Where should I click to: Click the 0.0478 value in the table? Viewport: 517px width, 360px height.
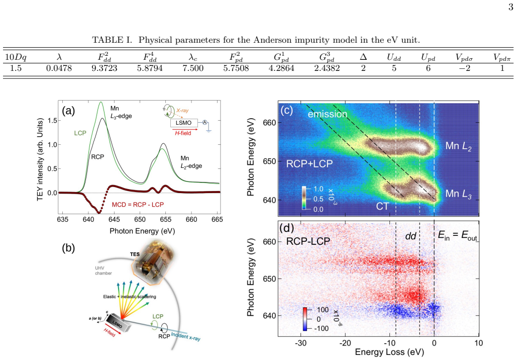tap(59, 68)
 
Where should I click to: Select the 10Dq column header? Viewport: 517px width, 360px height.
tap(16, 57)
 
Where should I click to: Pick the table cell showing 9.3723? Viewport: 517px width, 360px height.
tap(104, 68)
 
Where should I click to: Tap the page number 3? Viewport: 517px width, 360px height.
tap(510, 7)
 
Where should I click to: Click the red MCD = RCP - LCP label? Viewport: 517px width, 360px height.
tap(138, 205)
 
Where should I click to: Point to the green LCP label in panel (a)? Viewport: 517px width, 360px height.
tap(80, 133)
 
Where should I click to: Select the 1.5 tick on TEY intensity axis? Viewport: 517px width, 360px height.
tap(52, 121)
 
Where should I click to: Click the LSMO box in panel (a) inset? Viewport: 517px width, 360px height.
tap(184, 123)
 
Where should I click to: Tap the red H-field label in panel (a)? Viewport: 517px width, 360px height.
tap(183, 133)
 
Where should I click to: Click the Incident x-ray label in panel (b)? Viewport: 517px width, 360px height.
tap(185, 336)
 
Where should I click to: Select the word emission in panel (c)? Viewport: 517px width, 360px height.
tap(328, 114)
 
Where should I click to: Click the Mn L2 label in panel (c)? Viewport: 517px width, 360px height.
tap(458, 146)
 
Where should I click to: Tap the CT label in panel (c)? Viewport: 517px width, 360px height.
tap(382, 206)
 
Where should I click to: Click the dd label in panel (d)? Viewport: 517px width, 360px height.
tap(410, 236)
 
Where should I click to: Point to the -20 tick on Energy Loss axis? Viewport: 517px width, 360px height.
tap(345, 343)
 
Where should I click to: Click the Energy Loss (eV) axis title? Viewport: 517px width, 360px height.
tap(389, 352)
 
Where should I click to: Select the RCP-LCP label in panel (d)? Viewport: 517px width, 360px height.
tap(308, 241)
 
